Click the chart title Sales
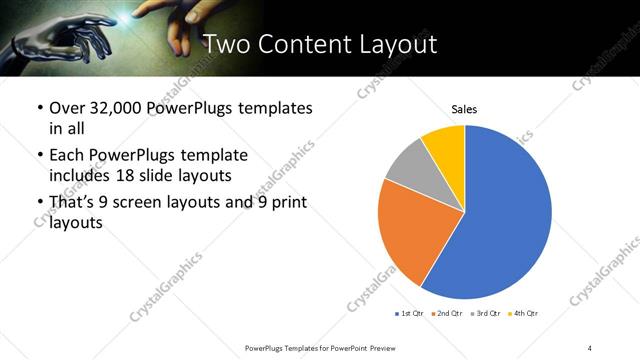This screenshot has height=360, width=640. click(464, 108)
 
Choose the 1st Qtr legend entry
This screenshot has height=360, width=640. click(409, 313)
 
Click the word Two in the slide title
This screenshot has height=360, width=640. click(227, 43)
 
